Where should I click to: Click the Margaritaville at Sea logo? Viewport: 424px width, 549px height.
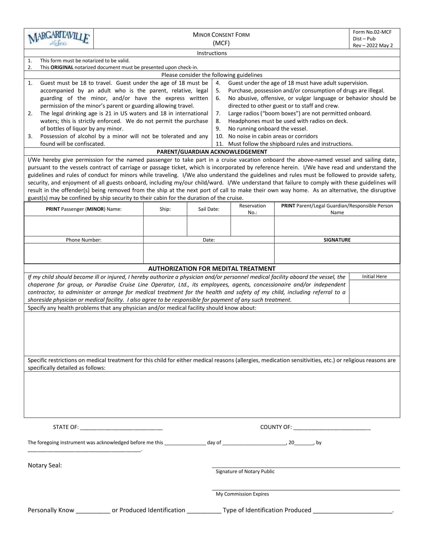point(59,38)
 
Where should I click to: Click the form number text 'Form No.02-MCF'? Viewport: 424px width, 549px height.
point(372,32)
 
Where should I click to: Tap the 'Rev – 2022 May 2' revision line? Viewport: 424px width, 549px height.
point(373,45)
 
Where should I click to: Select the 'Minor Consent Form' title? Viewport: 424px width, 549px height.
point(221,35)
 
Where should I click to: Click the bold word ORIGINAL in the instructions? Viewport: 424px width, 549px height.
point(62,67)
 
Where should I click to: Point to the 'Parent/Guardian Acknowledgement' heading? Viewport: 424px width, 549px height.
point(212,152)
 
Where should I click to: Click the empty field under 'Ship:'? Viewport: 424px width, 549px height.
point(165,226)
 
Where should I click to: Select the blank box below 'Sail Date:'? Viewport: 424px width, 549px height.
point(209,226)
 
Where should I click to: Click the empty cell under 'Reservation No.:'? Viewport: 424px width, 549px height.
point(252,226)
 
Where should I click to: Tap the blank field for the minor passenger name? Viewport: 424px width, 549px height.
point(84,226)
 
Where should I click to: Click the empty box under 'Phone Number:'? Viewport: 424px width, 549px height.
point(84,253)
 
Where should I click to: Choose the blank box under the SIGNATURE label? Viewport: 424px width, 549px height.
point(337,253)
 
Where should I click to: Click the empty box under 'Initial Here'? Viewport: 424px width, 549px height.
point(374,291)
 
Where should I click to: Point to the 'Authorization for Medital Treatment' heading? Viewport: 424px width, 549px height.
point(212,269)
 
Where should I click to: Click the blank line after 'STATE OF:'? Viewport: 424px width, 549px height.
point(121,427)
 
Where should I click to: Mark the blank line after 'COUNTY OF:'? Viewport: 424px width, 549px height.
point(332,427)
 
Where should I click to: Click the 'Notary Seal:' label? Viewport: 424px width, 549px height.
point(45,466)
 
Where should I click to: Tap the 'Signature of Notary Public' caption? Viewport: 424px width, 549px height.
point(245,472)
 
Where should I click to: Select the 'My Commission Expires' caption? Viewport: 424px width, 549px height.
point(242,494)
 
